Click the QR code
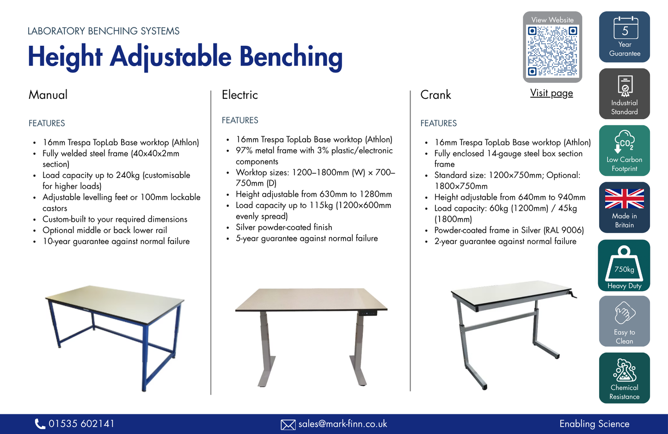coord(552,51)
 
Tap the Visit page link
coord(552,93)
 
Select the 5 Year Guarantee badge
coord(625,37)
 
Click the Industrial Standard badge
coord(625,94)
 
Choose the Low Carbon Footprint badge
coord(625,151)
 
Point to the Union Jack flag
coord(625,199)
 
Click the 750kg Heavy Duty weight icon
coord(624,265)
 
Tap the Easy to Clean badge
coord(625,321)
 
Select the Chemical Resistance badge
coord(625,378)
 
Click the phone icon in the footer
coord(40,424)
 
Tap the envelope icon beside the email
coord(288,424)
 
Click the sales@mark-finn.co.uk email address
coord(343,424)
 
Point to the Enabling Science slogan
coord(594,424)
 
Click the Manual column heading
coord(48,95)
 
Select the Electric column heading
coord(239,95)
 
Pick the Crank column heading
coord(435,95)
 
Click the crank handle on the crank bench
coord(573,294)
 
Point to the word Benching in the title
coord(291,57)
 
